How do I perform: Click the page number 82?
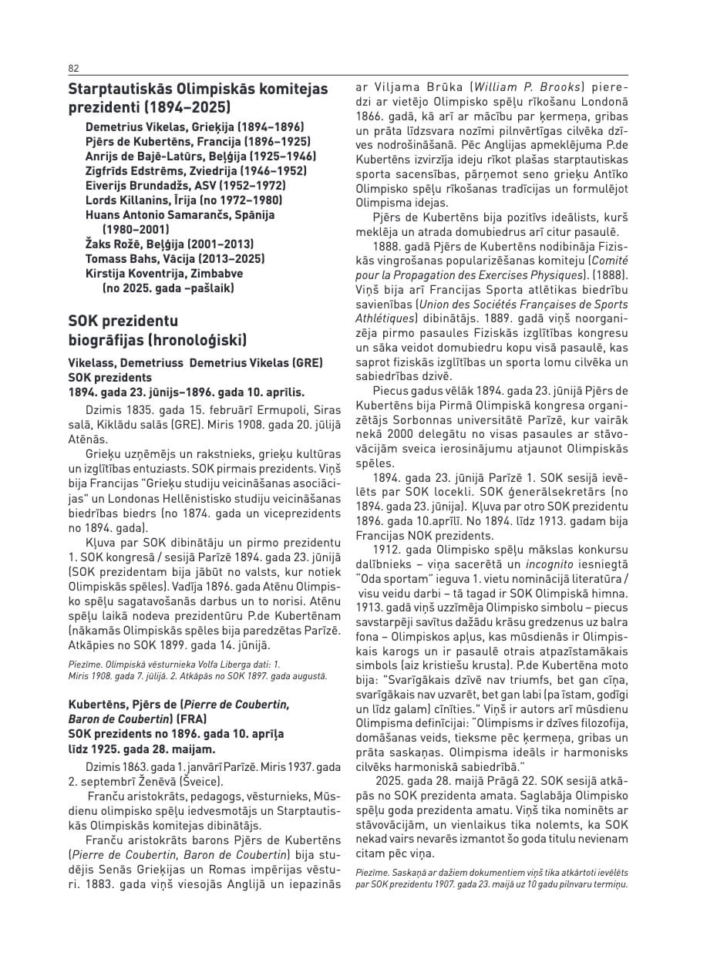(73, 69)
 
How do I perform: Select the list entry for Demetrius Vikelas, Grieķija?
(194, 127)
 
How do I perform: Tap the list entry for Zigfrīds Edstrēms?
(185, 171)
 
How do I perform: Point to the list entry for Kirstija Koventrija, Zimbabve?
(163, 274)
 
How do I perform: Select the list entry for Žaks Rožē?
(170, 244)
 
